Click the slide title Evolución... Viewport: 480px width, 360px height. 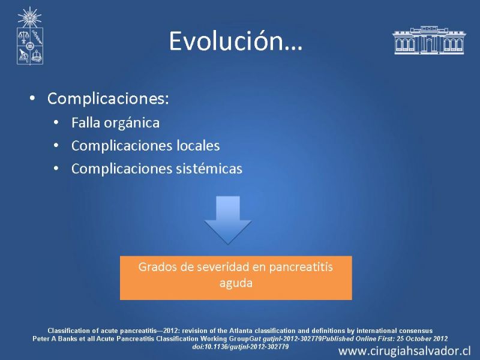tap(235, 41)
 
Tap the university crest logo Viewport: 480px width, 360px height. tap(29, 36)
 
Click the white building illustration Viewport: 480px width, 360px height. tap(428, 40)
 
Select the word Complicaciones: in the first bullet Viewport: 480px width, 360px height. tap(108, 98)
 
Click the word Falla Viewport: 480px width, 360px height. tap(86, 123)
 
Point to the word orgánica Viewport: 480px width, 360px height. tap(131, 123)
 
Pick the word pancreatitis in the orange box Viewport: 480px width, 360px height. tap(301, 267)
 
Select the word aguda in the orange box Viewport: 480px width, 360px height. tap(236, 283)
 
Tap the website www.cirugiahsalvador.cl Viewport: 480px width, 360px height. tap(404, 351)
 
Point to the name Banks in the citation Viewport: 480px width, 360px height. tap(69, 338)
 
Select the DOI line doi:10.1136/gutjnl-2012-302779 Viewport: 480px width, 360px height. tap(241, 347)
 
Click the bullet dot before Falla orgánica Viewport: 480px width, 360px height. tap(56, 123)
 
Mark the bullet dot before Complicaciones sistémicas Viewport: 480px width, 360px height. tap(56, 169)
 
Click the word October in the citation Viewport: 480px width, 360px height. tap(418, 338)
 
